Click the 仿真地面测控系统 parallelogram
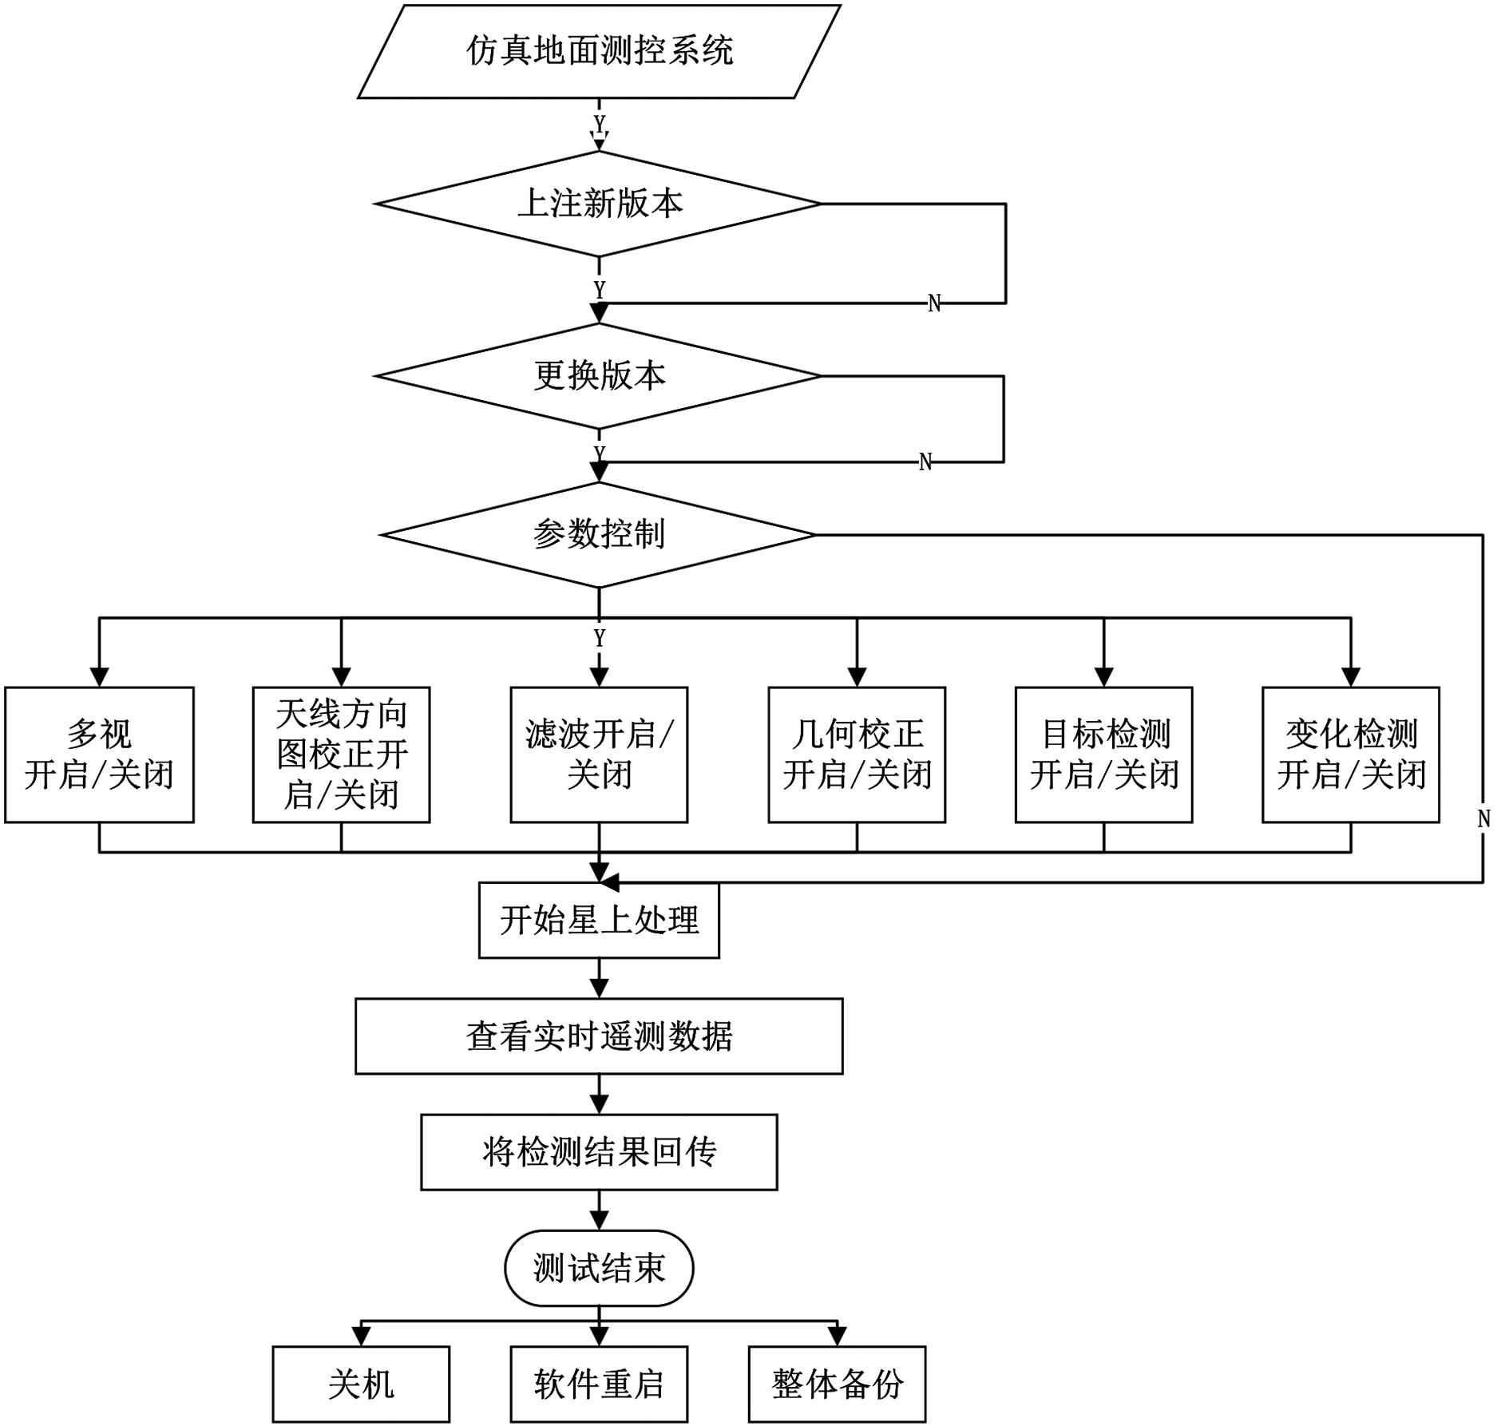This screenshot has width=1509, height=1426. [x=599, y=52]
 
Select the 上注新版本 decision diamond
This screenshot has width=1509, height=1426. [x=599, y=204]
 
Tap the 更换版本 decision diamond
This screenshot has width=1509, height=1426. [x=599, y=375]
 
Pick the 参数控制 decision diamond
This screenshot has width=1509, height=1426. [x=599, y=534]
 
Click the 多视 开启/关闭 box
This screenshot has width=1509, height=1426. [x=99, y=755]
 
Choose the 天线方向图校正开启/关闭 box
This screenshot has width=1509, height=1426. [x=341, y=755]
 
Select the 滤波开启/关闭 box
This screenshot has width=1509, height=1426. [x=599, y=755]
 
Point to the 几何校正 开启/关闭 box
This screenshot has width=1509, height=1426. [x=857, y=755]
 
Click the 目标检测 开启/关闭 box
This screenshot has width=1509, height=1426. [x=1103, y=755]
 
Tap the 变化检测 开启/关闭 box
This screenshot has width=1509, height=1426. [x=1350, y=755]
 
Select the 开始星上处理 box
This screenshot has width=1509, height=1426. [x=599, y=920]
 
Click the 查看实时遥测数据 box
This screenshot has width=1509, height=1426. [x=599, y=1036]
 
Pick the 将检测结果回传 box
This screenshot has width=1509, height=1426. [x=599, y=1151]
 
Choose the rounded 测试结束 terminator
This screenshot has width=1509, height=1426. [x=599, y=1268]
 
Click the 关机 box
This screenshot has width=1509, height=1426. [x=361, y=1384]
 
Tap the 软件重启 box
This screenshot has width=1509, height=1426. [x=599, y=1384]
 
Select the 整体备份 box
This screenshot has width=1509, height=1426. [x=837, y=1384]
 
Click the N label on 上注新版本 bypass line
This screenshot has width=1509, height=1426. [x=934, y=303]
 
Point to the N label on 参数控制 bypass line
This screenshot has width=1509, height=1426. [x=1483, y=818]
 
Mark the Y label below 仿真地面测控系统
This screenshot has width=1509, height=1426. [x=600, y=125]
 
